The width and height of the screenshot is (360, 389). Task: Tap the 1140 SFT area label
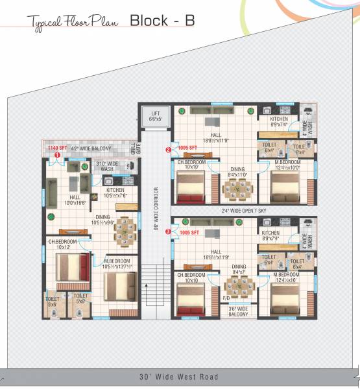[56, 148]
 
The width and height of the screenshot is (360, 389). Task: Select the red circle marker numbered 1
[57, 156]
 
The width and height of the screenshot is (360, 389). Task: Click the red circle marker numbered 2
[169, 150]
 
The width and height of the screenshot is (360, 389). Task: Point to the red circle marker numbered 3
[169, 231]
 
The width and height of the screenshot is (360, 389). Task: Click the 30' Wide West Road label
[179, 377]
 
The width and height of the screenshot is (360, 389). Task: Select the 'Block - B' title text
[162, 20]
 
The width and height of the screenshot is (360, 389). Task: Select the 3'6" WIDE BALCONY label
[237, 311]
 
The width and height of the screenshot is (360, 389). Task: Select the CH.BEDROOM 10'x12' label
[63, 244]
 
